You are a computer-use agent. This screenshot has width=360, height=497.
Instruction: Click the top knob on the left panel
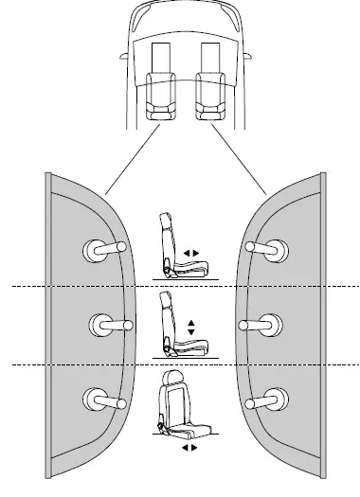99,249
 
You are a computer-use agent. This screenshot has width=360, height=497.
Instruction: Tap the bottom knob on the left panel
99,399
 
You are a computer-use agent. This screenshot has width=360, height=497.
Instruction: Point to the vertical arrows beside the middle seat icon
191,328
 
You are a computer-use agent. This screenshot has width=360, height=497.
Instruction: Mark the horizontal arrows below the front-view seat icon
188,446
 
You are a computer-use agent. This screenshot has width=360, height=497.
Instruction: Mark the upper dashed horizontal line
180,285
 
